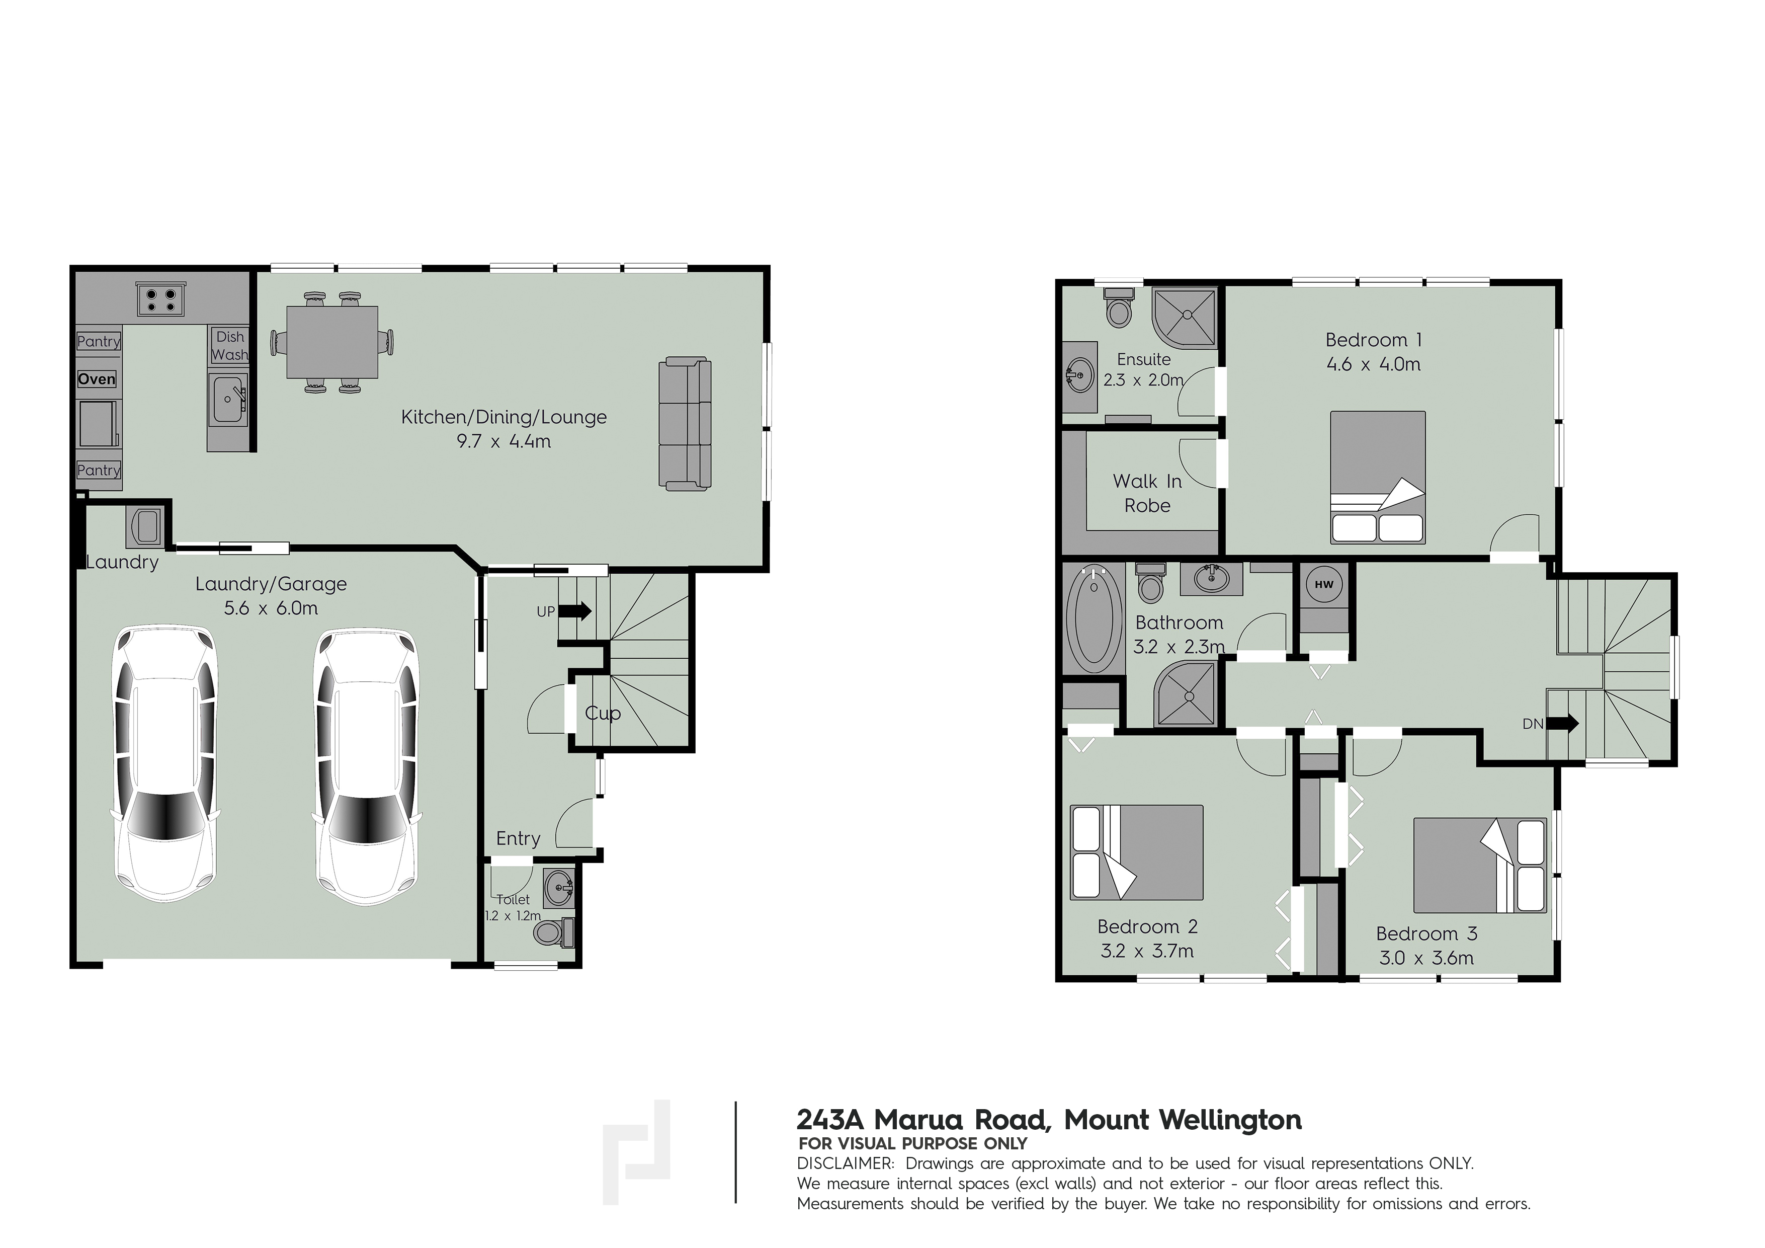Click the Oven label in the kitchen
point(97,379)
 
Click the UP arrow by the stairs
point(575,611)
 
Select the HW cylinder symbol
point(1324,584)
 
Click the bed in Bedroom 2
point(1136,852)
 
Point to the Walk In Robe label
point(1147,493)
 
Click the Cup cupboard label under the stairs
point(603,714)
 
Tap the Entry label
point(518,839)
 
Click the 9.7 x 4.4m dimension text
point(503,441)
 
